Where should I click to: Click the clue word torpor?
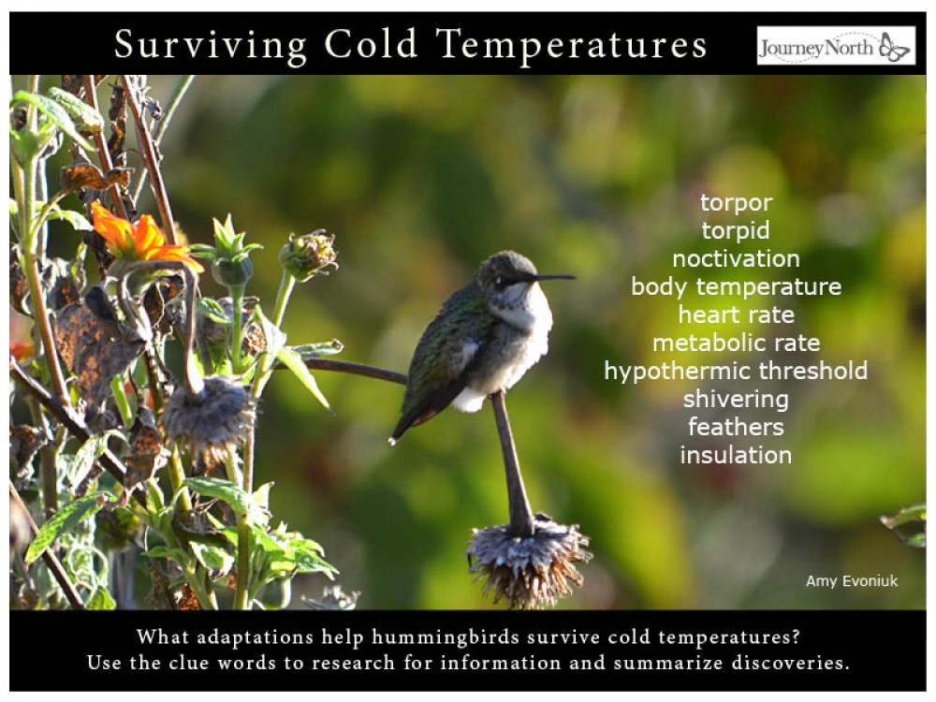pyautogui.click(x=736, y=203)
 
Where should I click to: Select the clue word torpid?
pyautogui.click(x=736, y=231)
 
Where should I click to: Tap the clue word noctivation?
pyautogui.click(x=736, y=259)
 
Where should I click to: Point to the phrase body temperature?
pyautogui.click(x=736, y=287)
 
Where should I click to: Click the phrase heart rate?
pyautogui.click(x=736, y=314)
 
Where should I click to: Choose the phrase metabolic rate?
pyautogui.click(x=736, y=343)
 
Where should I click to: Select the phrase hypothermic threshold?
pyautogui.click(x=736, y=371)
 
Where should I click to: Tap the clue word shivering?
pyautogui.click(x=736, y=399)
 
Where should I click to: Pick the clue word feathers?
pyautogui.click(x=736, y=427)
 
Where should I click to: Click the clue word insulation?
pyautogui.click(x=736, y=455)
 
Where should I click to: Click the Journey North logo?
pyautogui.click(x=835, y=46)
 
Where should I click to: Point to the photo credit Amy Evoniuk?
pyautogui.click(x=851, y=581)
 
